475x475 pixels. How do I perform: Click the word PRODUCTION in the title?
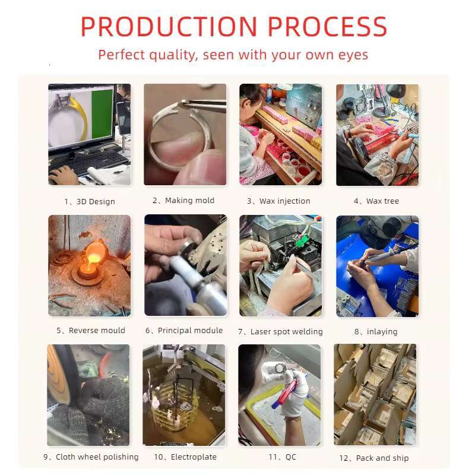[169, 27]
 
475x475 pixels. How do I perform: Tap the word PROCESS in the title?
[328, 27]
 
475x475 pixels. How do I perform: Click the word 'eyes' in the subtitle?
[353, 55]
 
